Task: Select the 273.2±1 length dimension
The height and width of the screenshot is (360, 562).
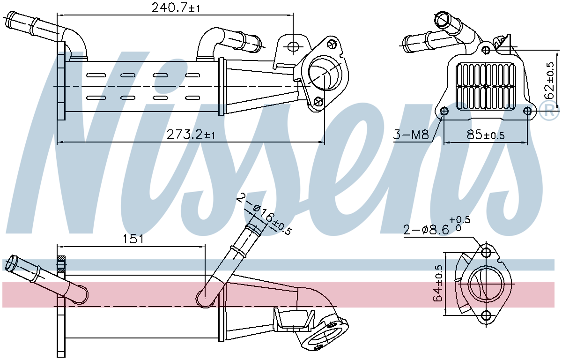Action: point(191,135)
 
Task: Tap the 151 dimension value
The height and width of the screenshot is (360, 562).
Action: point(133,239)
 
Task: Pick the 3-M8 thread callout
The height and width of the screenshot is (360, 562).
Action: point(411,135)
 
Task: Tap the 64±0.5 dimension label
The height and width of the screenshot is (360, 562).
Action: point(438,283)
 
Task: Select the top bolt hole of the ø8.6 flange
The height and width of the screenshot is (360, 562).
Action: point(486,253)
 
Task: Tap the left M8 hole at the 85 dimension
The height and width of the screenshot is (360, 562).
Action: point(444,111)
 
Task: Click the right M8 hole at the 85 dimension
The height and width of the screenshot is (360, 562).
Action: point(528,111)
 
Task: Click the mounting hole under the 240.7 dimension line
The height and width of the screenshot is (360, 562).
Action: point(293,46)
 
